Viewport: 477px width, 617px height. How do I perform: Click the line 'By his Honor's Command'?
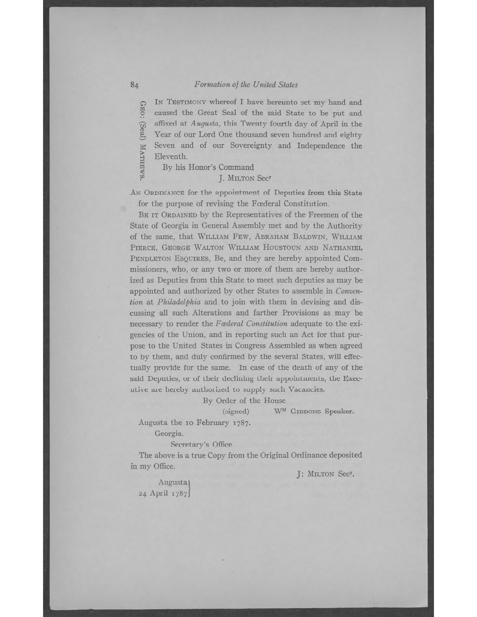[x=208, y=167]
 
